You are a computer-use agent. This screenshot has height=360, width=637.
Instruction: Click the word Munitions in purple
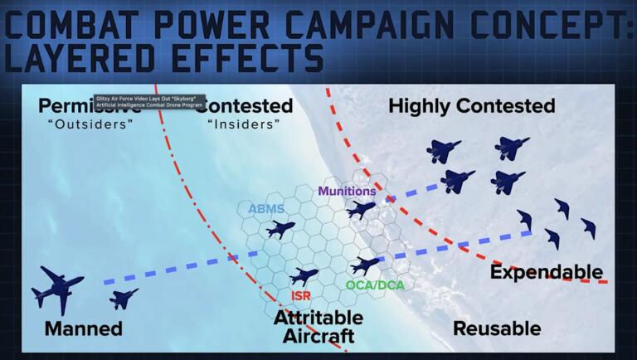(348, 192)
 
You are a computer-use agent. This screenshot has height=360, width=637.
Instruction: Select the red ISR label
(301, 295)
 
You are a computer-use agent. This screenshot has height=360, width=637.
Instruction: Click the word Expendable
(546, 272)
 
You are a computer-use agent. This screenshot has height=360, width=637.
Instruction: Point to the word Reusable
(496, 328)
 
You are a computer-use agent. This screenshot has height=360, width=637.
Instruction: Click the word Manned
(83, 328)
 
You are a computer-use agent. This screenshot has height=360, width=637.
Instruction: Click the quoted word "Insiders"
(244, 124)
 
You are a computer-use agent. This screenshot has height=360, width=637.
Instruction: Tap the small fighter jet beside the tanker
(124, 298)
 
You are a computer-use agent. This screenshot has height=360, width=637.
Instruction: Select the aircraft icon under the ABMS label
(280, 230)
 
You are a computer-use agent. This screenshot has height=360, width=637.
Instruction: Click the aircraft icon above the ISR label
(304, 275)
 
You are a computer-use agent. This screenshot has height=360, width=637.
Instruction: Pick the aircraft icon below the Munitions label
(361, 210)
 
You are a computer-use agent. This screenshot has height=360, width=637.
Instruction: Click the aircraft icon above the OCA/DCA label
(366, 265)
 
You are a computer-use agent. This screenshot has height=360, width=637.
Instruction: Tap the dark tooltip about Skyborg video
(148, 100)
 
